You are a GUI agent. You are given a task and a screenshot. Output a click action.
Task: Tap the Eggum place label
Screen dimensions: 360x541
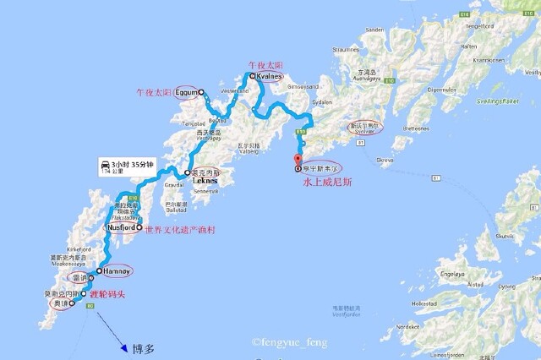(190, 91)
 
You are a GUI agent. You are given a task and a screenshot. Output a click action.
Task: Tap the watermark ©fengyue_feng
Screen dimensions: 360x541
(288, 342)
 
